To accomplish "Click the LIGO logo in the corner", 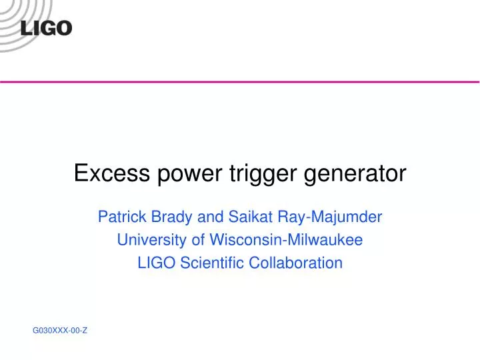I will tap(46, 28).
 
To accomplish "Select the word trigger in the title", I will tap(254, 175).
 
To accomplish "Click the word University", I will tap(148, 240).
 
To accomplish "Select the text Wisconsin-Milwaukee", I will tap(286, 239).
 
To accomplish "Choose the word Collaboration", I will tap(296, 263).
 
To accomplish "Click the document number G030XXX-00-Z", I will tap(60, 330).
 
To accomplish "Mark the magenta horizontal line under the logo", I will tap(240, 81).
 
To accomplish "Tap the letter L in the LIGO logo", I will tap(27, 28).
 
